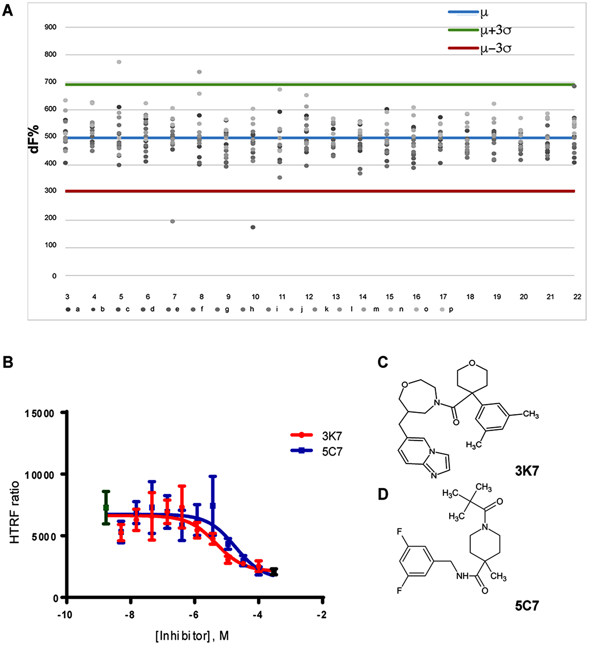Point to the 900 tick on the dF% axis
[50, 27]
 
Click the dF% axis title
[34, 139]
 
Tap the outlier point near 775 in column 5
[119, 62]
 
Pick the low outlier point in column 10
[253, 227]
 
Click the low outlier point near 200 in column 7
[173, 221]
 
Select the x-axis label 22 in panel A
[577, 297]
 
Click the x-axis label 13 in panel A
[335, 297]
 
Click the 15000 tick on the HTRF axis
[39, 414]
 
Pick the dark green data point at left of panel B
[106, 508]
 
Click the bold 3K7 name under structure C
[527, 471]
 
